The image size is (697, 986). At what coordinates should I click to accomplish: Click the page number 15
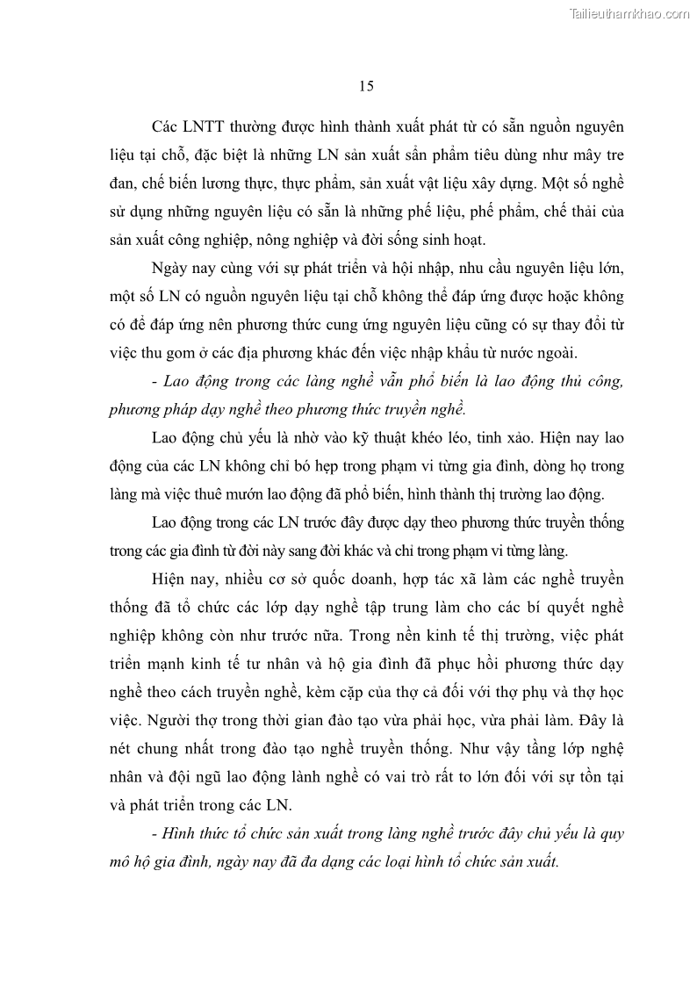coord(367,85)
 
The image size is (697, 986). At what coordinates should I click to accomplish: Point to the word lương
coord(199,183)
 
